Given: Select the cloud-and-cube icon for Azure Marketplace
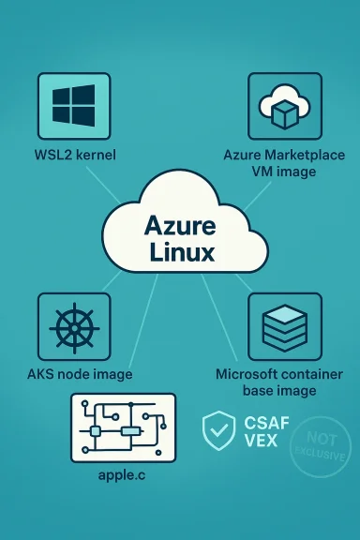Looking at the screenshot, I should tap(284, 106).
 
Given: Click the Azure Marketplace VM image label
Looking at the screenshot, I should tap(284, 162).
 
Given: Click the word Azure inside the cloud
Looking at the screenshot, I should tap(181, 226).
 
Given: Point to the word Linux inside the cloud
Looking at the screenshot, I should tap(181, 253).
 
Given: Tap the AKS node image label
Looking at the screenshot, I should tap(79, 374).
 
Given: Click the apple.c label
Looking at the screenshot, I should tap(123, 475).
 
